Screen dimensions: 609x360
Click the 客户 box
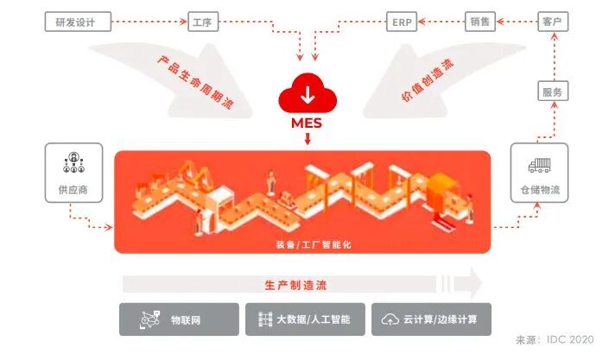(553, 21)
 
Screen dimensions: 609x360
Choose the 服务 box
(553, 92)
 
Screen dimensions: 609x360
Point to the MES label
(307, 123)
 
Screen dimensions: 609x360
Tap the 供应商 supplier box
(73, 172)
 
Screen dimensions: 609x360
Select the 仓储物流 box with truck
(540, 172)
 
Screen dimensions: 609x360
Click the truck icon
(540, 164)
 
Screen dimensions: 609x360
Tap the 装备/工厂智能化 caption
(303, 244)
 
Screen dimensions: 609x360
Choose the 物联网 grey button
(179, 319)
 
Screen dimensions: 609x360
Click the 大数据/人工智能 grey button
(305, 319)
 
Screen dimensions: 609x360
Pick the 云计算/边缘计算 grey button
(428, 319)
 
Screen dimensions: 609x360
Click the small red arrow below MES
(307, 139)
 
